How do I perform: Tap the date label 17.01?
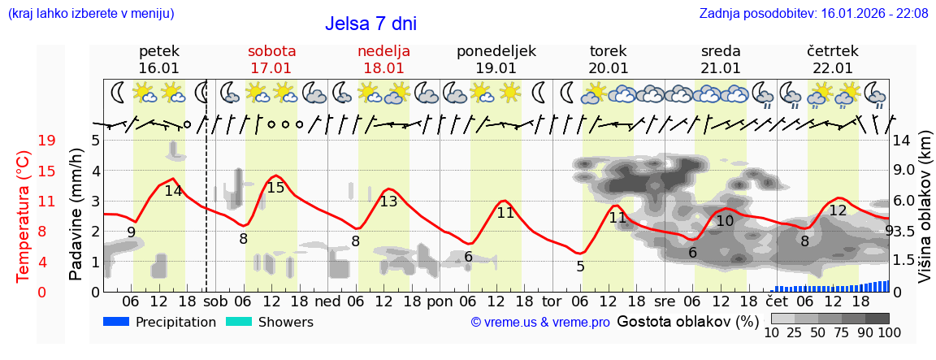click(x=271, y=68)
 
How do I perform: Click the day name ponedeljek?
click(x=496, y=51)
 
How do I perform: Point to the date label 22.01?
click(x=830, y=68)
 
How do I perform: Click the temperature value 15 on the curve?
click(x=275, y=188)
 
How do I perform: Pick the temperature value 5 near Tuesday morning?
click(x=580, y=267)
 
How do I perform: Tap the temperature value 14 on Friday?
click(x=173, y=192)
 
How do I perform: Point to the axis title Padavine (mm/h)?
click(x=76, y=215)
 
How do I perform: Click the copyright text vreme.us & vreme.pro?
click(x=540, y=323)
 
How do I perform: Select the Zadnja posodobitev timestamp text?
click(x=813, y=14)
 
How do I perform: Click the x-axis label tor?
click(x=552, y=301)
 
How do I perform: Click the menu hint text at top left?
click(x=91, y=14)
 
